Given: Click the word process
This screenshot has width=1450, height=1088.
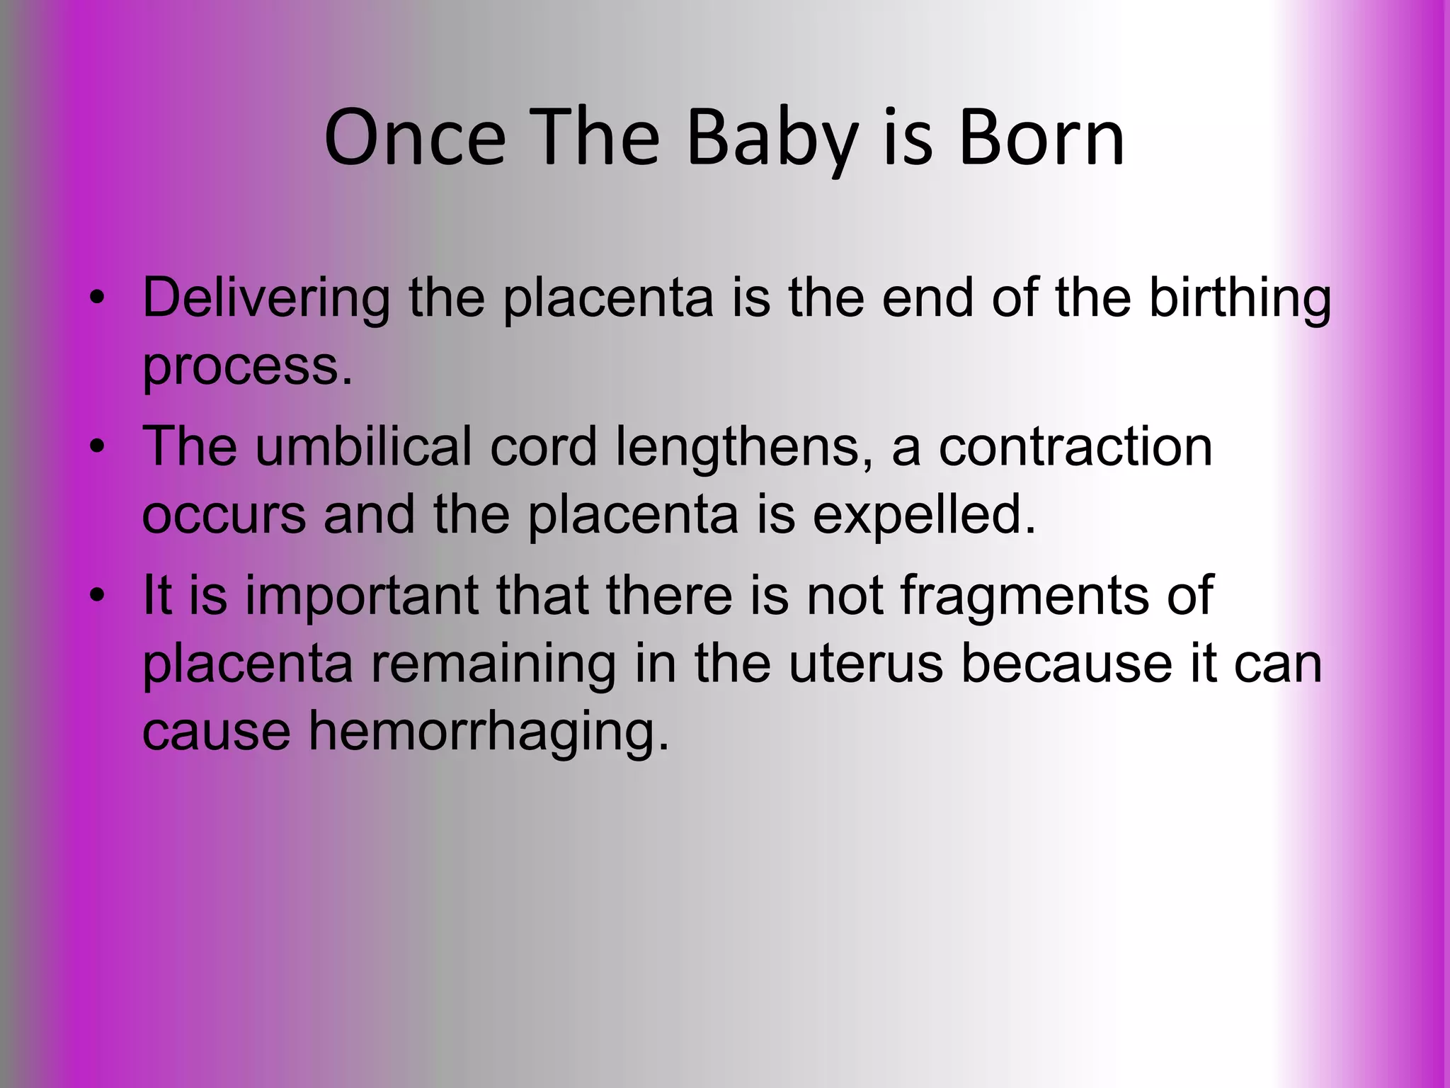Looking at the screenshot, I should tap(246, 367).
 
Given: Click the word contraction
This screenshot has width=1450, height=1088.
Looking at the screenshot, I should tap(1075, 448).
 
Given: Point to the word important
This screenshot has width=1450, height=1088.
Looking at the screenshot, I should tap(362, 596).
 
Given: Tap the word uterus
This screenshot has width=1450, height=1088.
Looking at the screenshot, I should tap(866, 664).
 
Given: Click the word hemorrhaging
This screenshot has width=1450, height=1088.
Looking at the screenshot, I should tap(489, 732).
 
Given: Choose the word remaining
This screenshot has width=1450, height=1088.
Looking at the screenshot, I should tap(493, 664).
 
